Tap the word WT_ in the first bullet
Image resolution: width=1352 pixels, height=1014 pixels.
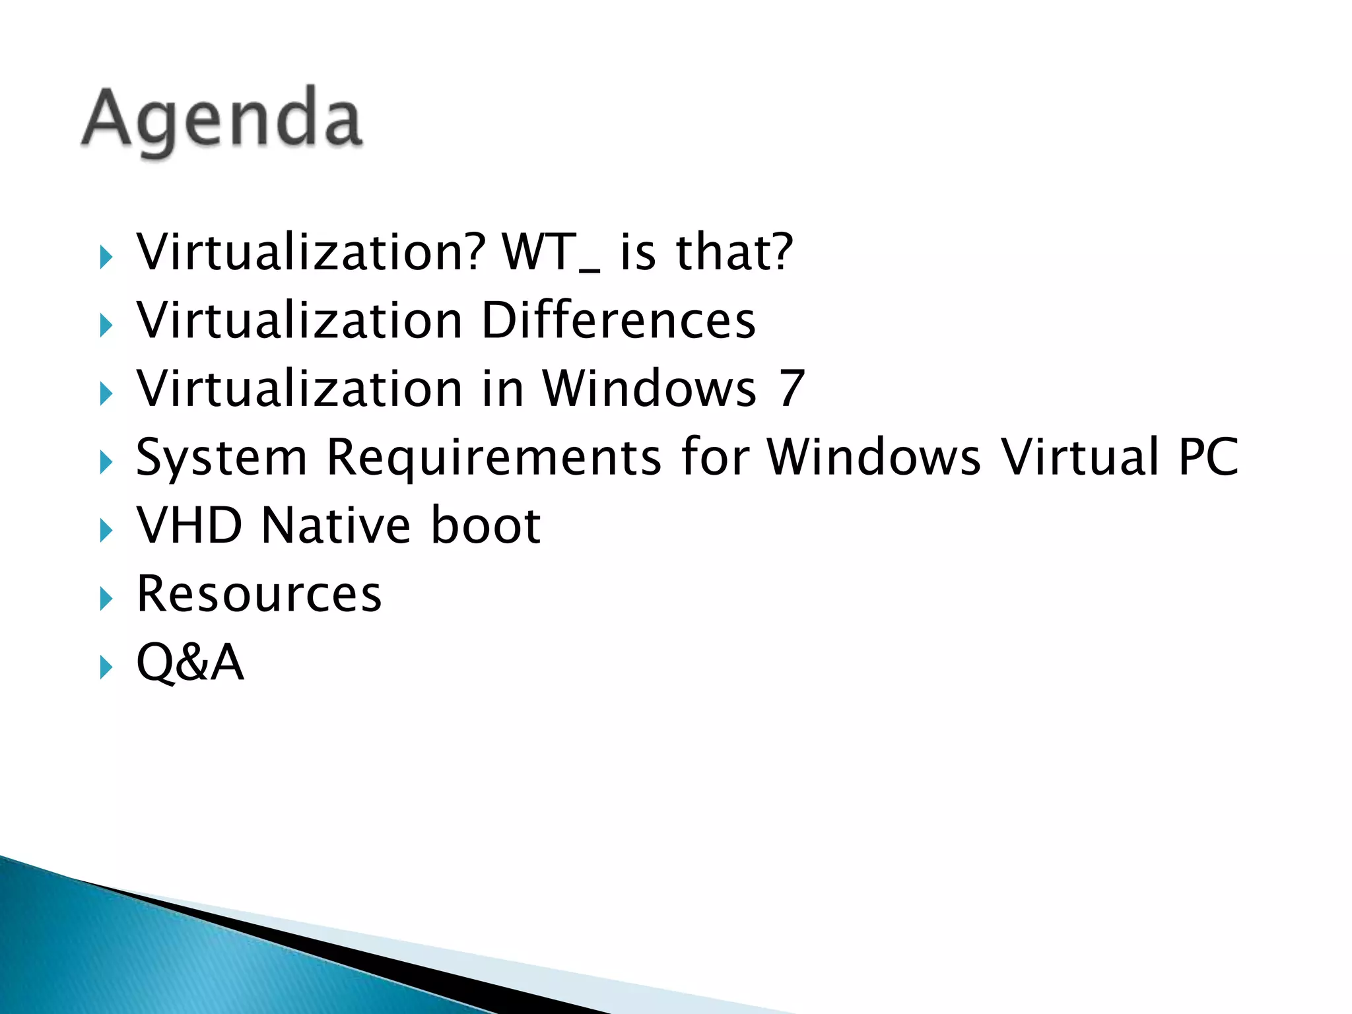pos(551,253)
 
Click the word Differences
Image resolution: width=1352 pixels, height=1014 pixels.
pos(618,321)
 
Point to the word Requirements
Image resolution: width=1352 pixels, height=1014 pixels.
pos(494,457)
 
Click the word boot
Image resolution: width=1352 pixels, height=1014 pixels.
pos(486,525)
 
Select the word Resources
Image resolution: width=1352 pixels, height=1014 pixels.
pos(259,594)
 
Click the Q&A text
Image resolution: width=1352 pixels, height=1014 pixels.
pos(190,662)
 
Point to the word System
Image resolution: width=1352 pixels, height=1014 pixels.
pos(222,457)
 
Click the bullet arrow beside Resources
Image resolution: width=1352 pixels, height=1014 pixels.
pos(106,599)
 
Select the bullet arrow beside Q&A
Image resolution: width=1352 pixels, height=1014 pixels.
pos(106,667)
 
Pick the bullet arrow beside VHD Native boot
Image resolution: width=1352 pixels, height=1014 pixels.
pos(106,530)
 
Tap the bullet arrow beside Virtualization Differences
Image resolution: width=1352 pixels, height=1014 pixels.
pos(106,325)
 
